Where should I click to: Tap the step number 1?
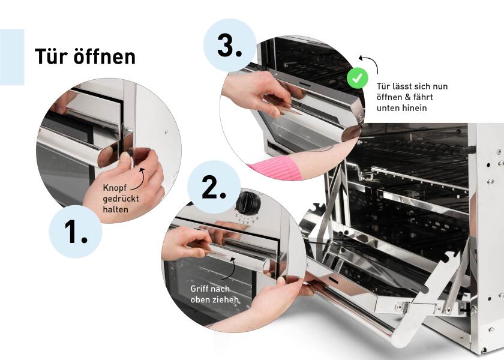coord(76,232)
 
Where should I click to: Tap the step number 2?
coord(214,187)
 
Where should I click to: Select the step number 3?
coord(229,45)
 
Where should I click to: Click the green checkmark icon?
coord(358,78)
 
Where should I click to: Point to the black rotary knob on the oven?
coord(248,202)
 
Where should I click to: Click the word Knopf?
coord(115,188)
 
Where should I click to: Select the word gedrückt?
coord(121,199)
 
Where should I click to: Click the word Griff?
coord(199,289)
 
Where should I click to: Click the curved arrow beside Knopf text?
coord(139,180)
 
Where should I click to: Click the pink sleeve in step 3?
coord(275,169)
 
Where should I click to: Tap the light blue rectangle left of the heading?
coord(12,57)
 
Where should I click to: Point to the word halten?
coord(115,209)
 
